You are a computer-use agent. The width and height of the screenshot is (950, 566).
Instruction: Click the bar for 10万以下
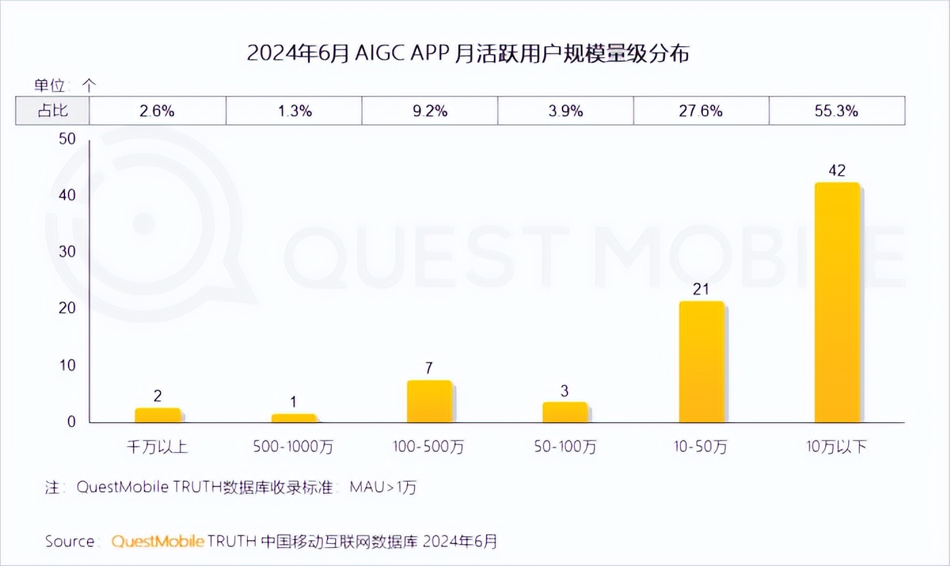click(x=837, y=303)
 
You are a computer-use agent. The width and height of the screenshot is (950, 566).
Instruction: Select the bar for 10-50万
click(x=701, y=362)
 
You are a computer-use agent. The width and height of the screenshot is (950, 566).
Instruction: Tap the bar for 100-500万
click(x=429, y=402)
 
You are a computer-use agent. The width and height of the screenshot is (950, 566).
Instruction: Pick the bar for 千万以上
click(x=157, y=415)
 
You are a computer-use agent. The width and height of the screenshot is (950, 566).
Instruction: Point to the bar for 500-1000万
click(x=293, y=418)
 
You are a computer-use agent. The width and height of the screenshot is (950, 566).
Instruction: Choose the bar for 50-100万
click(x=565, y=413)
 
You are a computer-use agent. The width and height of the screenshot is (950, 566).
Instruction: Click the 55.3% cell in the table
click(x=837, y=111)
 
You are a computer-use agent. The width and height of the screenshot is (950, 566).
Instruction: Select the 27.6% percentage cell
click(x=701, y=111)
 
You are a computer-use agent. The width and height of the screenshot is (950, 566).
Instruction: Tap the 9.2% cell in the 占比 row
click(x=429, y=111)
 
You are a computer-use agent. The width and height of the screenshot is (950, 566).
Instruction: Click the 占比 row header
click(x=52, y=111)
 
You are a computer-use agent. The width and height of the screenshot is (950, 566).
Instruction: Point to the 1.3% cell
click(x=293, y=111)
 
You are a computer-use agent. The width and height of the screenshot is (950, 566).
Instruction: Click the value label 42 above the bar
click(x=837, y=170)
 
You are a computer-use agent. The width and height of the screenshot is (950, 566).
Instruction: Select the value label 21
click(x=701, y=289)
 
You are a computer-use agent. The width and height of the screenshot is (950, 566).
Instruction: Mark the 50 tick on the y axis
click(x=66, y=139)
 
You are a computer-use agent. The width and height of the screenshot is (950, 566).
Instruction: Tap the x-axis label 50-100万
click(x=565, y=447)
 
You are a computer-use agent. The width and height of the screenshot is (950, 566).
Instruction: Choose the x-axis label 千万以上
click(x=157, y=447)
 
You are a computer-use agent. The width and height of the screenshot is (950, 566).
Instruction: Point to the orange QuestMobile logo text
click(x=157, y=541)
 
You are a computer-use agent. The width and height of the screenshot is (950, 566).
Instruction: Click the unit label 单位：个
click(x=66, y=86)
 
